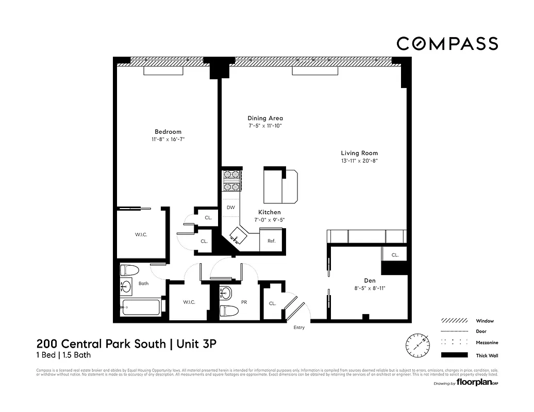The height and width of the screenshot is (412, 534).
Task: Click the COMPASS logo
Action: pyautogui.click(x=447, y=44)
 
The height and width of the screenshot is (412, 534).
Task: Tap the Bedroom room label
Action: pyautogui.click(x=168, y=132)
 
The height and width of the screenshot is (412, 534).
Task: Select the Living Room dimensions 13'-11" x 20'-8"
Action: pyautogui.click(x=359, y=161)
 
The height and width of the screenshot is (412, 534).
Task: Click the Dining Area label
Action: pyautogui.click(x=265, y=118)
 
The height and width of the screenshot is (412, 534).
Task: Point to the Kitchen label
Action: pyautogui.click(x=270, y=212)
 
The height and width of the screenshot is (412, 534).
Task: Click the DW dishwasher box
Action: pyautogui.click(x=231, y=208)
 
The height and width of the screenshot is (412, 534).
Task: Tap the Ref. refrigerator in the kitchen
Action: pyautogui.click(x=271, y=241)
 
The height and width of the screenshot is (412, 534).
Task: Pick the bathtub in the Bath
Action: pyautogui.click(x=140, y=307)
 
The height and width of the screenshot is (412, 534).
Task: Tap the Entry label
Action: pyautogui.click(x=299, y=328)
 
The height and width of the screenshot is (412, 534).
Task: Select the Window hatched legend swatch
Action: pyautogui.click(x=454, y=320)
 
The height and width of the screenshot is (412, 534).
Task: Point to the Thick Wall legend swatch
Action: pyautogui.click(x=454, y=355)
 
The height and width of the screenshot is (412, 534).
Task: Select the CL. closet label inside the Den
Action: pyautogui.click(x=395, y=255)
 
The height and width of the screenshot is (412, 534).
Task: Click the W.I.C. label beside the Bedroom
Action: pyautogui.click(x=141, y=234)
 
